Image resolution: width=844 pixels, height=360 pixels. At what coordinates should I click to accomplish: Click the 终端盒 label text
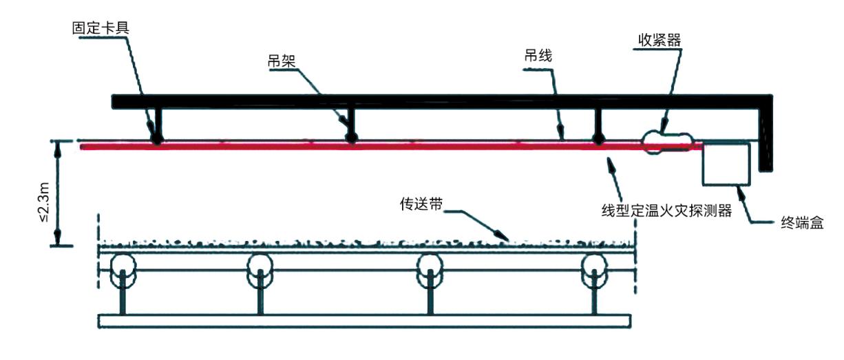pos(802,222)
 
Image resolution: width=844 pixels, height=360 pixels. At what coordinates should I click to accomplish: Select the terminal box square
pos(726,164)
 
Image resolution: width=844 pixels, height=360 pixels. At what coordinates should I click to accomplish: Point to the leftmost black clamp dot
pos(158,139)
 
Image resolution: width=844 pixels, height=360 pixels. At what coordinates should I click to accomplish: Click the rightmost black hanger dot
pos(598,138)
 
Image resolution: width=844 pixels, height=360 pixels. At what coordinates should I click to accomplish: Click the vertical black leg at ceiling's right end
pos(764,138)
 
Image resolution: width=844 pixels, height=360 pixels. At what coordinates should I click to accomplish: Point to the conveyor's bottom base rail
pos(366,320)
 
